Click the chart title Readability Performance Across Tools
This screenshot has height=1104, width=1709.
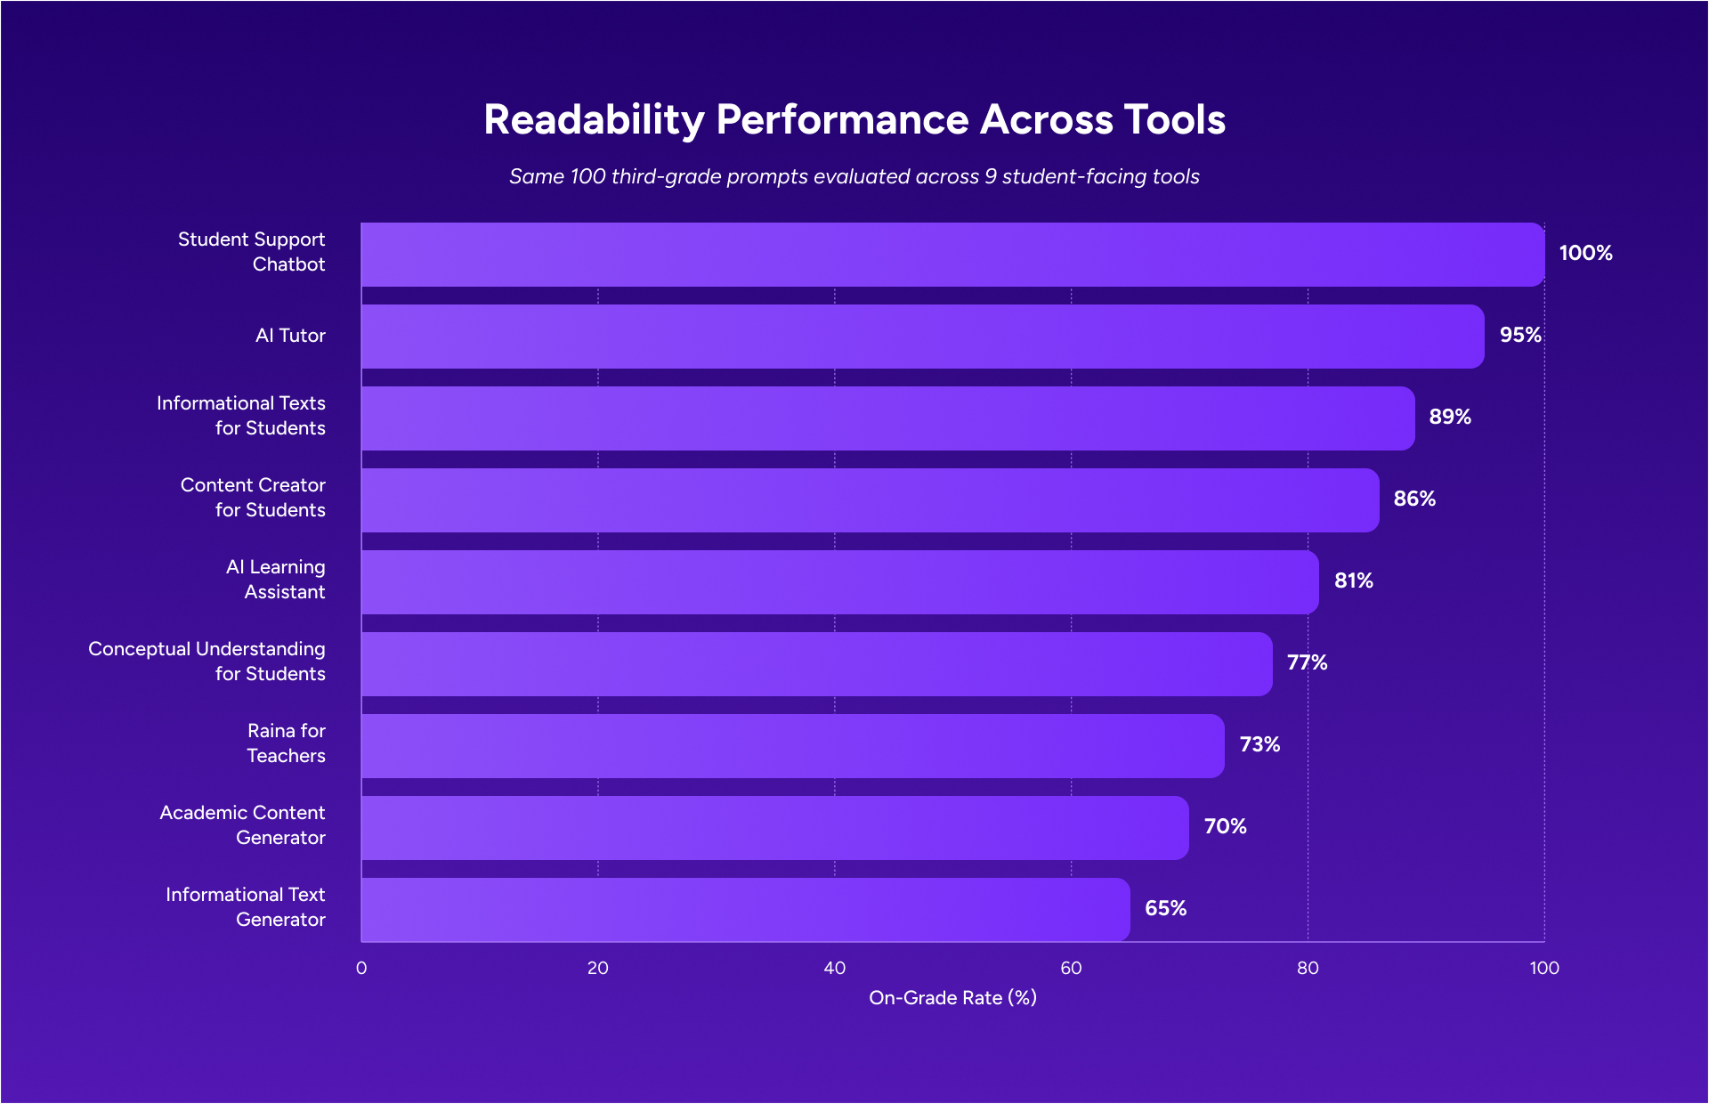[x=854, y=120]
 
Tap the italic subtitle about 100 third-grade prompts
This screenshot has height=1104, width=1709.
[x=854, y=176]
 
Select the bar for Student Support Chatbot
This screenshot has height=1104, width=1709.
[x=952, y=255]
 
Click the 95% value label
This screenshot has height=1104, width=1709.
[x=1520, y=336]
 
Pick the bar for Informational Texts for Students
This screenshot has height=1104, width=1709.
[x=887, y=418]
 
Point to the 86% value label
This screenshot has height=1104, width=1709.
[x=1414, y=499]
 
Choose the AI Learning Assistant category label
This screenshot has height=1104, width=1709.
[x=276, y=580]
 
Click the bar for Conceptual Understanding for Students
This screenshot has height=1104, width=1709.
[x=816, y=664]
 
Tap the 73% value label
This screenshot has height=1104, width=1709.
[x=1259, y=745]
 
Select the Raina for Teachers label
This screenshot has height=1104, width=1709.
[x=286, y=743]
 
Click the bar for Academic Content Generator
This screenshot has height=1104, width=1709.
[x=774, y=828]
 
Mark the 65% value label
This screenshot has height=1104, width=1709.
[x=1165, y=909]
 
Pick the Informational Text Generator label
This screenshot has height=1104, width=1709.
[x=246, y=907]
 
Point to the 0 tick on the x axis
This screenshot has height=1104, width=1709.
[x=361, y=969]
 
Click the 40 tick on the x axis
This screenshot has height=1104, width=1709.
[x=834, y=969]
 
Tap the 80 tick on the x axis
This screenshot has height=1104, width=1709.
[x=1308, y=969]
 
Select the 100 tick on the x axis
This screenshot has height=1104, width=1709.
[x=1544, y=969]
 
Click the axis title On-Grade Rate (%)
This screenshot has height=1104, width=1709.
[x=952, y=998]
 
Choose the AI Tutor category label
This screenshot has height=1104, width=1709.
[x=290, y=336]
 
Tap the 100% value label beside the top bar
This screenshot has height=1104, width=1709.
[x=1585, y=254]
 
